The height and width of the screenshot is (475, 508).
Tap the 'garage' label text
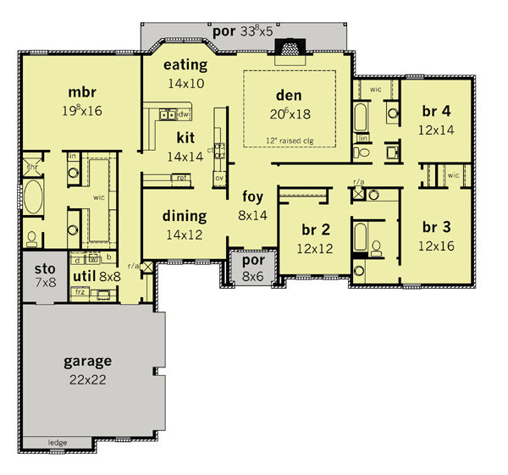86,361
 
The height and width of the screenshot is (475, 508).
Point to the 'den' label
289,95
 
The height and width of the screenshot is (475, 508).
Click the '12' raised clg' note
289,140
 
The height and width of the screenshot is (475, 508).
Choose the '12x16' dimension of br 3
436,246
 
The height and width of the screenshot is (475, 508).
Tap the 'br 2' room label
314,230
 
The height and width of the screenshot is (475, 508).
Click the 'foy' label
253,197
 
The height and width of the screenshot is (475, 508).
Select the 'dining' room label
184,216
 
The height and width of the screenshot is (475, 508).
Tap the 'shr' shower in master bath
31,167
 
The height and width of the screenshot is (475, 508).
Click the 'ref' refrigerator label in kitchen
179,178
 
